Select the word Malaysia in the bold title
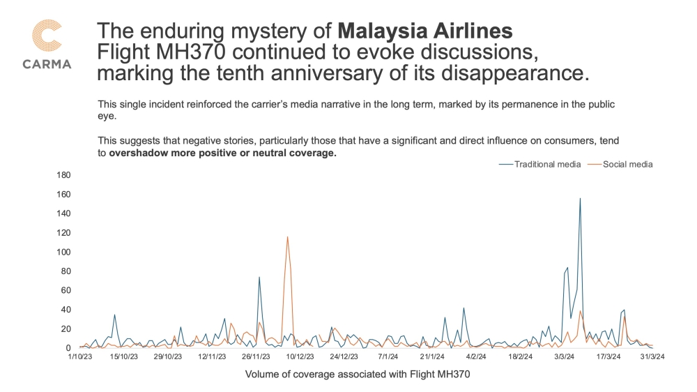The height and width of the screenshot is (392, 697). tap(383, 31)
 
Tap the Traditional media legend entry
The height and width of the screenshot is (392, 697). tap(541, 165)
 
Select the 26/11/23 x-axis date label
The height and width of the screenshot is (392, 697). tap(256, 357)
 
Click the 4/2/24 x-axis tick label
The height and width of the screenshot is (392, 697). tap(475, 357)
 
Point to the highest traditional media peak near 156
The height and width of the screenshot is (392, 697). tap(580, 199)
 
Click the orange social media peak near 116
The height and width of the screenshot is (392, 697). tap(287, 237)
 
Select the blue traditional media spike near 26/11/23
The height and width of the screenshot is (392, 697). tap(259, 277)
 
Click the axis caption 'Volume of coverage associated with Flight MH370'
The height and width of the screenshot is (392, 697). tap(358, 375)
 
